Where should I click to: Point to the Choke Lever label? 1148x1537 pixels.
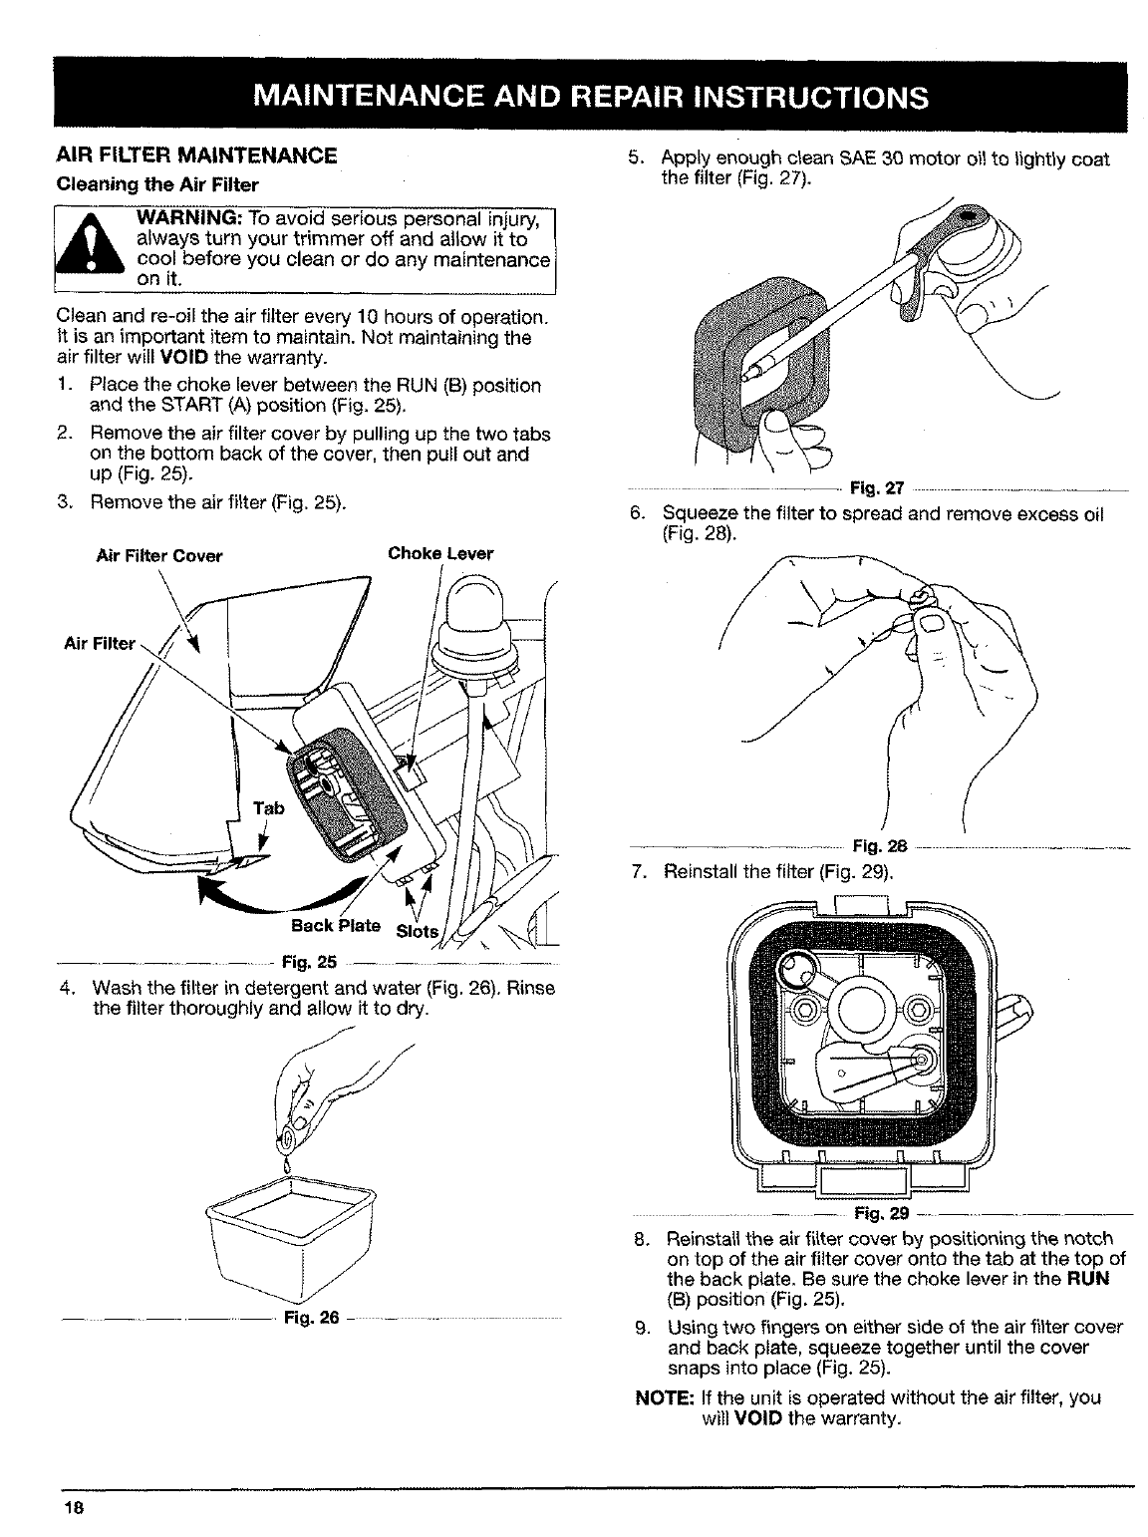(x=440, y=554)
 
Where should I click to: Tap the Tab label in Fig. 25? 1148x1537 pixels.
(x=269, y=808)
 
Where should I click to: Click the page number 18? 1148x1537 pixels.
(x=72, y=1509)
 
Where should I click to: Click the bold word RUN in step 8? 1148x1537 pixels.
(x=1090, y=1278)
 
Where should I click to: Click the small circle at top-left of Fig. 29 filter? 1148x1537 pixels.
(x=796, y=965)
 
